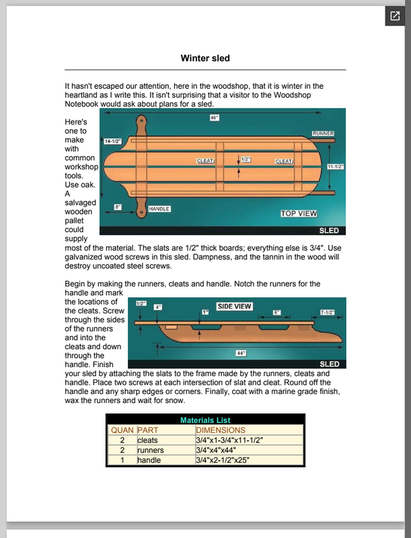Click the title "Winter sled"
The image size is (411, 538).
pyautogui.click(x=205, y=58)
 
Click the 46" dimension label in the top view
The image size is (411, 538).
pyautogui.click(x=215, y=117)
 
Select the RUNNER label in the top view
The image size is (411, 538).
pyautogui.click(x=323, y=134)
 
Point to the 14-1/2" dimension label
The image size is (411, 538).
pyautogui.click(x=112, y=142)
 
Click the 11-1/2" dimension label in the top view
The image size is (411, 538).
pyautogui.click(x=336, y=166)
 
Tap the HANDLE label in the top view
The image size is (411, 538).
pyautogui.click(x=159, y=209)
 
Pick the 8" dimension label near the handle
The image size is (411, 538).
pyautogui.click(x=118, y=207)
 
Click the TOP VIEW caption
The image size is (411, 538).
pyautogui.click(x=299, y=213)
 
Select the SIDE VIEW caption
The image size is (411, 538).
pyautogui.click(x=234, y=307)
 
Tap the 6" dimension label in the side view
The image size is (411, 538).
pyautogui.click(x=276, y=312)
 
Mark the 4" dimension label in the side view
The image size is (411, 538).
pyautogui.click(x=158, y=307)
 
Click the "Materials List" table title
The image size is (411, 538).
pyautogui.click(x=205, y=420)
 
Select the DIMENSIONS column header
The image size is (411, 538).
pyautogui.click(x=221, y=430)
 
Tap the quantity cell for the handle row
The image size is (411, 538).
pyautogui.click(x=122, y=460)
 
